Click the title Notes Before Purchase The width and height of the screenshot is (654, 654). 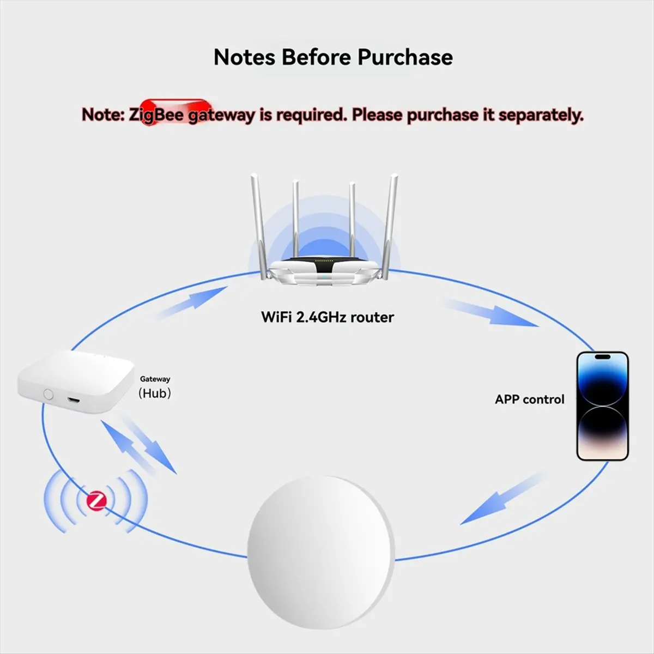[x=333, y=57]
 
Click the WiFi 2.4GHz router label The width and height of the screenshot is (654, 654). [x=327, y=317]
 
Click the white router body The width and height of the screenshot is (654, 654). [x=326, y=271]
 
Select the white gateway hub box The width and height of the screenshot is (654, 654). [x=76, y=381]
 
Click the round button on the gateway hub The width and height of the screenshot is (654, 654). [x=49, y=393]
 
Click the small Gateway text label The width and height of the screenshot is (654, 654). [x=155, y=379]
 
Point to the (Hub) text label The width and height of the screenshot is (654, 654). [x=155, y=393]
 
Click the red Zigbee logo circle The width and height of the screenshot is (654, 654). [x=97, y=500]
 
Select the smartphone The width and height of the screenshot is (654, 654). [x=602, y=406]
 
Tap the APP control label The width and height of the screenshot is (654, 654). [x=529, y=399]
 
